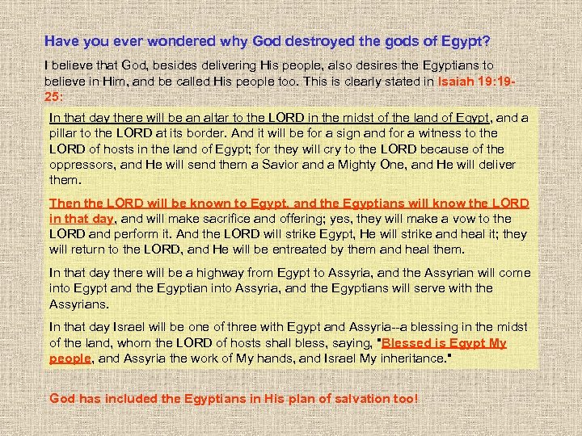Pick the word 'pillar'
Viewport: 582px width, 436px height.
click(x=66, y=132)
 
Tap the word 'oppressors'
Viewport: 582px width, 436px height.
click(x=85, y=164)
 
